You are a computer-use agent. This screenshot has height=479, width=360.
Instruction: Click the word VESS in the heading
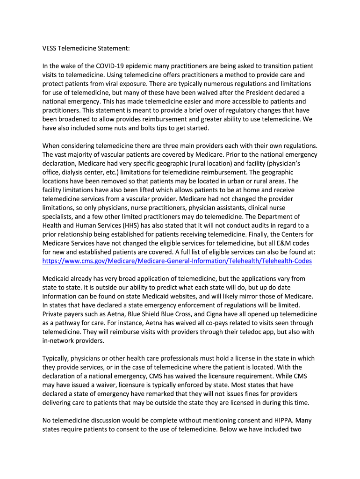pyautogui.click(x=50, y=48)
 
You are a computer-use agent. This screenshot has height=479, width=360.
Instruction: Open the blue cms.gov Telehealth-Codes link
pyautogui.click(x=177, y=261)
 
